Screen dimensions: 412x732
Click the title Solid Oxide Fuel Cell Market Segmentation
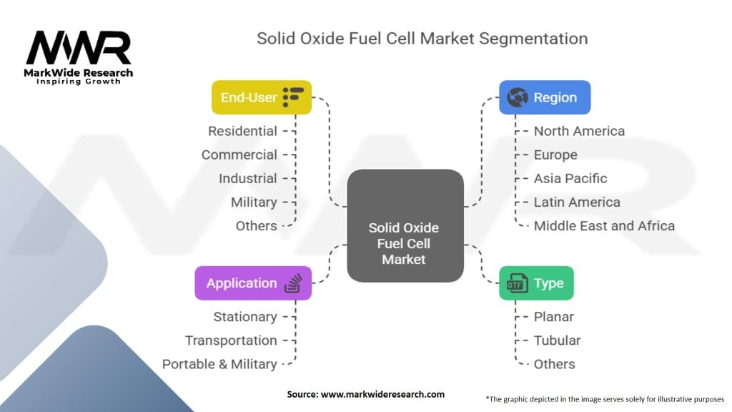pos(422,38)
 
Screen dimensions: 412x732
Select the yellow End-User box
pos(262,97)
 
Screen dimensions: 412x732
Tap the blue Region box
pos(545,97)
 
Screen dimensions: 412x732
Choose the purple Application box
pos(253,283)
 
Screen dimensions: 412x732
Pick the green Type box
pos(536,283)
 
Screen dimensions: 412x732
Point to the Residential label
pos(242,131)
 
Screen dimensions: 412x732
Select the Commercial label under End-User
pos(239,154)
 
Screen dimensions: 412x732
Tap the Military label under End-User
pos(254,202)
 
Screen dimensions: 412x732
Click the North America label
pos(579,131)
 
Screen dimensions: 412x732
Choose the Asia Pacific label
pos(570,178)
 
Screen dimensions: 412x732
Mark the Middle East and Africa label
pos(604,225)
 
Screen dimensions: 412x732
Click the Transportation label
pos(231,340)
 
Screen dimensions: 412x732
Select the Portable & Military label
pos(219,364)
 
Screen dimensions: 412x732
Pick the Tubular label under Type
pos(557,340)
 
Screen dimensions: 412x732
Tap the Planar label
pos(553,316)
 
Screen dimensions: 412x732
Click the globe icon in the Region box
pos(517,97)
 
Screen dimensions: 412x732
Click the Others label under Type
pos(554,364)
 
